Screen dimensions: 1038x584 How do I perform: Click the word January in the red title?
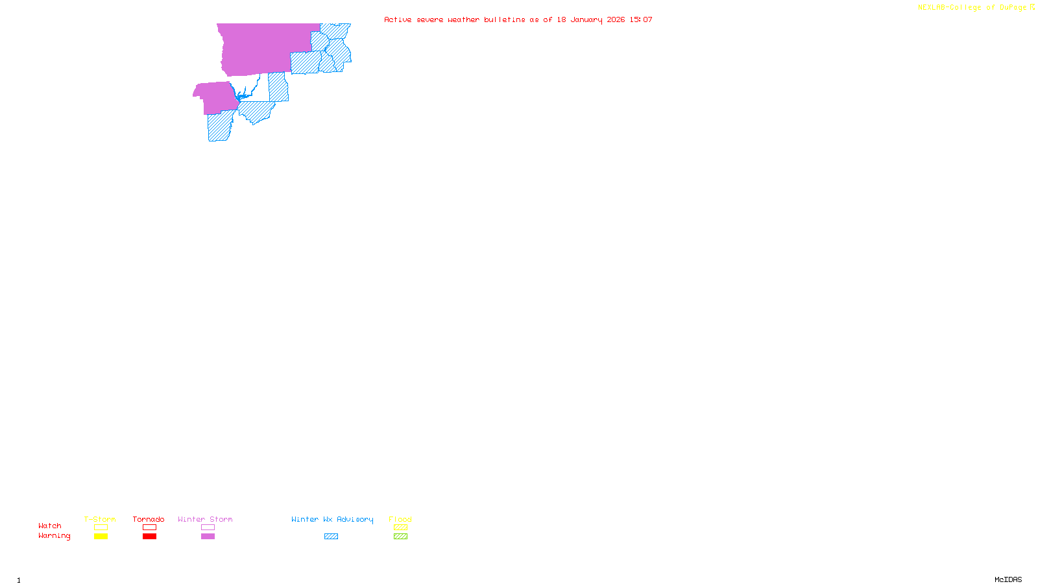coord(586,20)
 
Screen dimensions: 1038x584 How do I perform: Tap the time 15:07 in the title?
coord(641,20)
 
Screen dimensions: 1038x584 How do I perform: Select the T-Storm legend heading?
coord(100,519)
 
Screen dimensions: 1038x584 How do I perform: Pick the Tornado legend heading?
coord(149,519)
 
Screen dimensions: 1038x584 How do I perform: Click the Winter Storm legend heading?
coord(205,519)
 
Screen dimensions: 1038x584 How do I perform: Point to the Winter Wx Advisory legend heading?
coord(332,519)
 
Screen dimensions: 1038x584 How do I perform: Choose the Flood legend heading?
coord(400,519)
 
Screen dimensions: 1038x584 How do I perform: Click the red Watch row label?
coord(50,526)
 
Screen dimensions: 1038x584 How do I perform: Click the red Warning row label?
coord(54,536)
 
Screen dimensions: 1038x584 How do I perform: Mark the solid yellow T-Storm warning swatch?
coord(101,537)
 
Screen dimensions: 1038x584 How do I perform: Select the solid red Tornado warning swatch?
coord(149,537)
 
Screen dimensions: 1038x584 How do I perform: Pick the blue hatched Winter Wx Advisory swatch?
coord(331,537)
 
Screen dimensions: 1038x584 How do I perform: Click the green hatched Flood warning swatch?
coord(400,537)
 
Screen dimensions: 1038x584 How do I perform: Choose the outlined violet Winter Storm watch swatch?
coord(208,528)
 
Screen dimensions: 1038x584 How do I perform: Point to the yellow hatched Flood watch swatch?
coord(400,528)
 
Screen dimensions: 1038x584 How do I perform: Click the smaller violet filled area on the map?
coord(216,97)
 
